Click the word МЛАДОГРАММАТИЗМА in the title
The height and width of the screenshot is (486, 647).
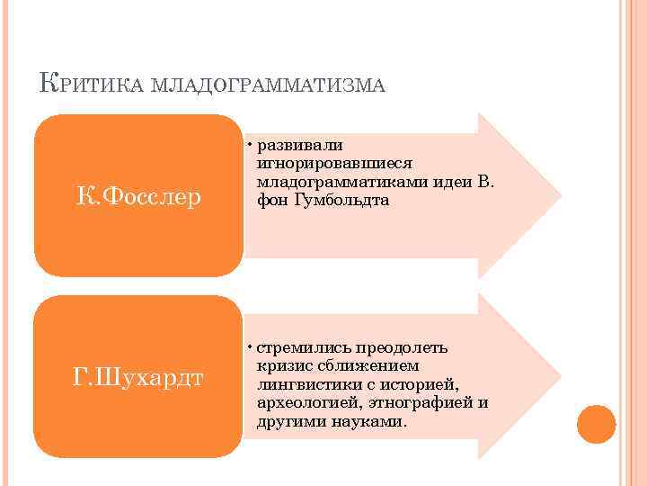(270, 85)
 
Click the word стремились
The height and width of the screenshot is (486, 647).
(301, 348)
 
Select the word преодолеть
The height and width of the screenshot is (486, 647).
(399, 348)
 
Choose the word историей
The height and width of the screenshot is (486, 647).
(422, 385)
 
